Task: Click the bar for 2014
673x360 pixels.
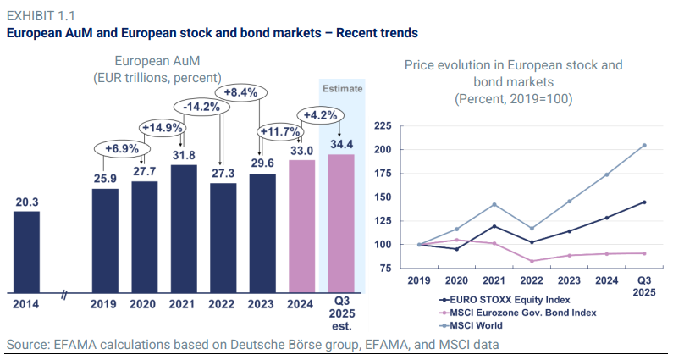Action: [x=26, y=252]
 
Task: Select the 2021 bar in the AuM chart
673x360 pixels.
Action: [x=184, y=229]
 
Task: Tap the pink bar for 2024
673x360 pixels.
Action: [x=301, y=226]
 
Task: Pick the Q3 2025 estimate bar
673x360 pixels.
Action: [x=341, y=224]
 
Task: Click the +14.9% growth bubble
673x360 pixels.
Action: [x=163, y=128]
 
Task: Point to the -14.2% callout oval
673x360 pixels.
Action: [x=201, y=107]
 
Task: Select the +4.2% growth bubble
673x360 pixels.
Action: [x=320, y=115]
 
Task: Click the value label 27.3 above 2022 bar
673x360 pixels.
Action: [x=223, y=173]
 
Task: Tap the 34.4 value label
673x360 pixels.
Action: [x=342, y=144]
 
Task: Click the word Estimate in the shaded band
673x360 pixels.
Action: [x=343, y=88]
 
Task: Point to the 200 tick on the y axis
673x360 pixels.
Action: [x=383, y=149]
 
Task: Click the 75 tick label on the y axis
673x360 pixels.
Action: [x=386, y=268]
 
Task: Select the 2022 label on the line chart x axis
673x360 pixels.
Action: [x=532, y=280]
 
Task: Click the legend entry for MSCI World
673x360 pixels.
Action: [x=471, y=325]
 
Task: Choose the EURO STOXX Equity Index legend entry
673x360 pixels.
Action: [x=505, y=300]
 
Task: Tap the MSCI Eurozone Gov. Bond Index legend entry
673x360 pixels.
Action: [x=517, y=313]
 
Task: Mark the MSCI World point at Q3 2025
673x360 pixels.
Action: [x=644, y=145]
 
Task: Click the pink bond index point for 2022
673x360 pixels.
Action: [x=532, y=261]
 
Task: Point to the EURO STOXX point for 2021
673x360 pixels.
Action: [x=494, y=226]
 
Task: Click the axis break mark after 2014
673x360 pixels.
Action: [x=64, y=294]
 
